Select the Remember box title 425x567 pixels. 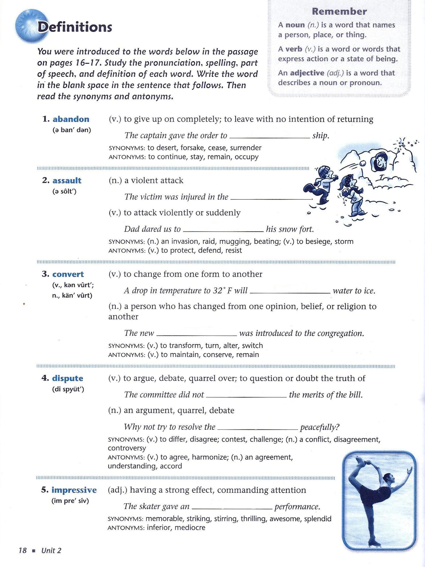click(339, 12)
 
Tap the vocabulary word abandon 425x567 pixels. click(71, 119)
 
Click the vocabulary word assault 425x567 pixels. click(67, 181)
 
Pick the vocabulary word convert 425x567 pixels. click(68, 274)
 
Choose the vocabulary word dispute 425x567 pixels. click(67, 378)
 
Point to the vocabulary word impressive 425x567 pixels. click(74, 490)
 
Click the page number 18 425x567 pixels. click(22, 550)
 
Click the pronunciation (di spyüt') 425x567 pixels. click(68, 389)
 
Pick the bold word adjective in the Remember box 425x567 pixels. click(307, 73)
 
